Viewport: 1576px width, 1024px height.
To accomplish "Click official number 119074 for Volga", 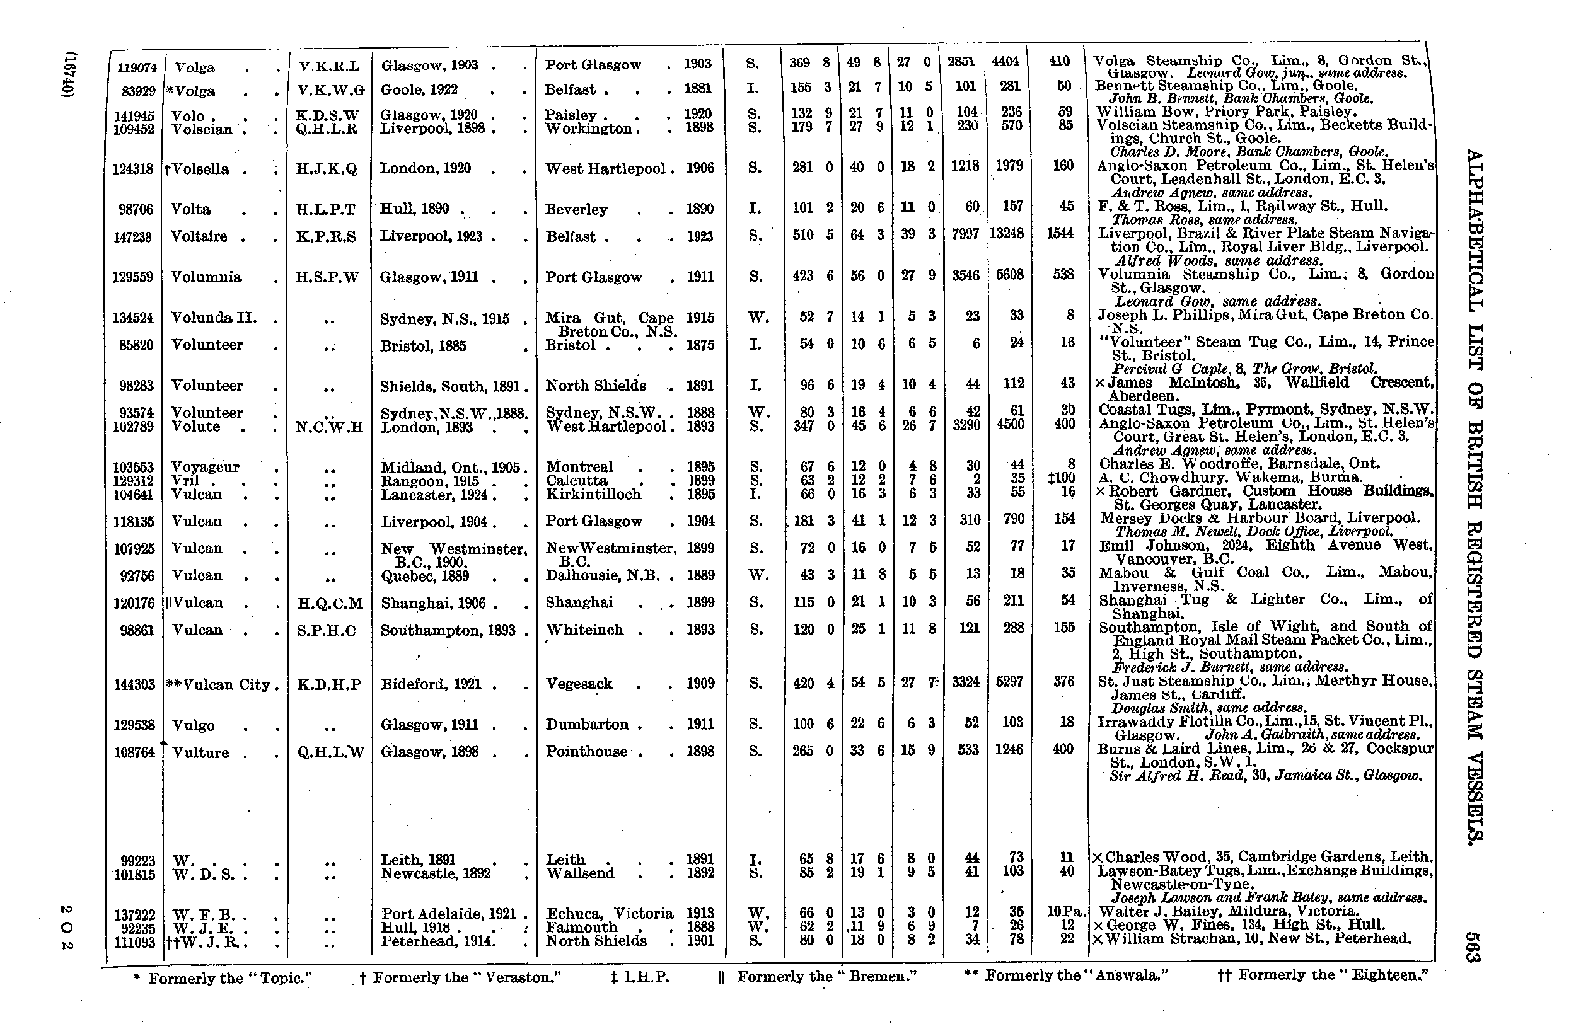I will (136, 67).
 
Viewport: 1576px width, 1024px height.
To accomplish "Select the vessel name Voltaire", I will (199, 236).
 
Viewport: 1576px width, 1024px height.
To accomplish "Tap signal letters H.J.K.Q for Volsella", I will (327, 169).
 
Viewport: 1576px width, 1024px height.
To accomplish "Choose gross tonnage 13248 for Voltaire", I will (1007, 234).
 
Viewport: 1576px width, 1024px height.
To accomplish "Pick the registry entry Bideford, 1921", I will (431, 684).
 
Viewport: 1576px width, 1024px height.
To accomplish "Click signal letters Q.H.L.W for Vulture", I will (331, 752).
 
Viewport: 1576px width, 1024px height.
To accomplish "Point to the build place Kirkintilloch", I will (593, 494).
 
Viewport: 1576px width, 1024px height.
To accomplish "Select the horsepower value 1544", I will (1062, 234).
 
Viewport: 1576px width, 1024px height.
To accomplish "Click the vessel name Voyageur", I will (205, 467).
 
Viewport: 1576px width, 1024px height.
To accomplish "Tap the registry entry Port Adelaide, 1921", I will (448, 914).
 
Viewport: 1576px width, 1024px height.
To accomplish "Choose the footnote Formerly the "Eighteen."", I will (1323, 975).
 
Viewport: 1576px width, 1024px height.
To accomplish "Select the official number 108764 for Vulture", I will (136, 752).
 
